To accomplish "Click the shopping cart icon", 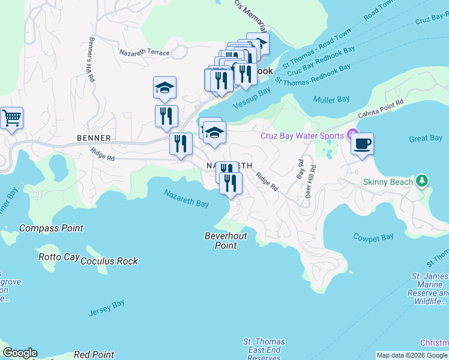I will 11,118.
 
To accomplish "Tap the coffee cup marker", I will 362,144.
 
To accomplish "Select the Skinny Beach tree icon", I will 422,181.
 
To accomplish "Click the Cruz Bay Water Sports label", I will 301,136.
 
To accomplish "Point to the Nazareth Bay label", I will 187,198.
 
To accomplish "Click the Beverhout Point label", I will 226,241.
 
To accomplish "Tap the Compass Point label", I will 51,228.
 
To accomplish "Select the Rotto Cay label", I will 58,257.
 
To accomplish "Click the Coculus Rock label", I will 109,261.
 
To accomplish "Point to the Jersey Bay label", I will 106,308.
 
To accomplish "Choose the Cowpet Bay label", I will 373,238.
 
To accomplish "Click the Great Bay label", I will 426,139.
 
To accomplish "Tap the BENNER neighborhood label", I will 94,138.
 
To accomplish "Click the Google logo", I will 20,353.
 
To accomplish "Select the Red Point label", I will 95,355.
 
